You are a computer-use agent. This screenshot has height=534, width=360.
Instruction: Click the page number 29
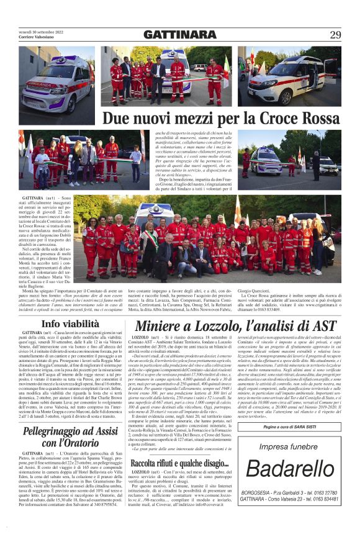[x=335, y=34]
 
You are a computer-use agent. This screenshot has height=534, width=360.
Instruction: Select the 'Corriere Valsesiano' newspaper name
[x=38, y=38]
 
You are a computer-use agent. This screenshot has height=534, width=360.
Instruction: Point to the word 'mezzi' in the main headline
[x=184, y=117]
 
